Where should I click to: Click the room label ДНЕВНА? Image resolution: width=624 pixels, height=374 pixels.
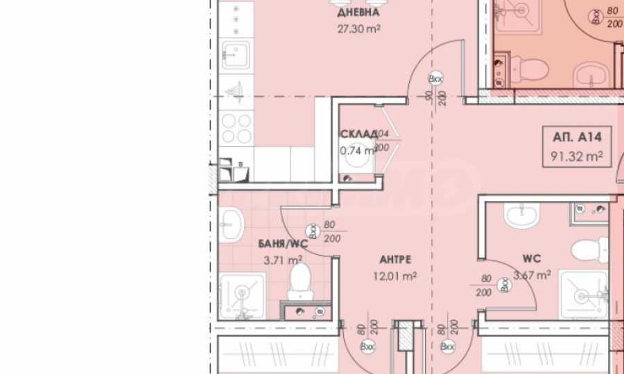358,13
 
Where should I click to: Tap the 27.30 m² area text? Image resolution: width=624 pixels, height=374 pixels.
358,29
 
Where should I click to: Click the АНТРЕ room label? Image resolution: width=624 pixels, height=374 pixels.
396,260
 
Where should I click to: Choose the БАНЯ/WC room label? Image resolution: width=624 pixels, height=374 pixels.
282,244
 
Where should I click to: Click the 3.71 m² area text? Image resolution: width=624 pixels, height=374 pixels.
283,260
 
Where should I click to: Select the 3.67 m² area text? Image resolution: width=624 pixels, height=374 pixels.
532,275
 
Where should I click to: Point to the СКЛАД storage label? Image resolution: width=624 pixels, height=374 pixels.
358,134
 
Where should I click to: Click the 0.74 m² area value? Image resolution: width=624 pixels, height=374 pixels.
356,150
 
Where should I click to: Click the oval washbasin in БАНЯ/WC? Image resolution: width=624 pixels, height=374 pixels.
232,224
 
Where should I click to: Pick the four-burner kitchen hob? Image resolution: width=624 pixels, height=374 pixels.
236,129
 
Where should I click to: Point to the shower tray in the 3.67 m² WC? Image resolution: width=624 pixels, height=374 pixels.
584,294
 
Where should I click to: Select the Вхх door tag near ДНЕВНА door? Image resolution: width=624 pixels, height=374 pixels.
435,78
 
